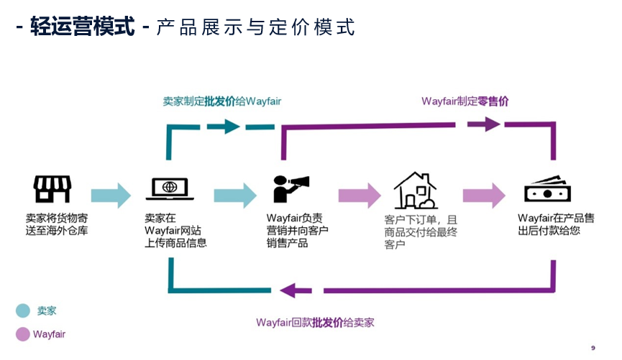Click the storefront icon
(x=52, y=189)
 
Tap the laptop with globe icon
(x=170, y=189)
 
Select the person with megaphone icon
(x=291, y=189)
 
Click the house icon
(x=415, y=190)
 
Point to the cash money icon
(x=547, y=190)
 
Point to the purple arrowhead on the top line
(x=490, y=124)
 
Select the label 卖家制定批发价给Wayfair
(x=221, y=101)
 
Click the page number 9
(x=593, y=348)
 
